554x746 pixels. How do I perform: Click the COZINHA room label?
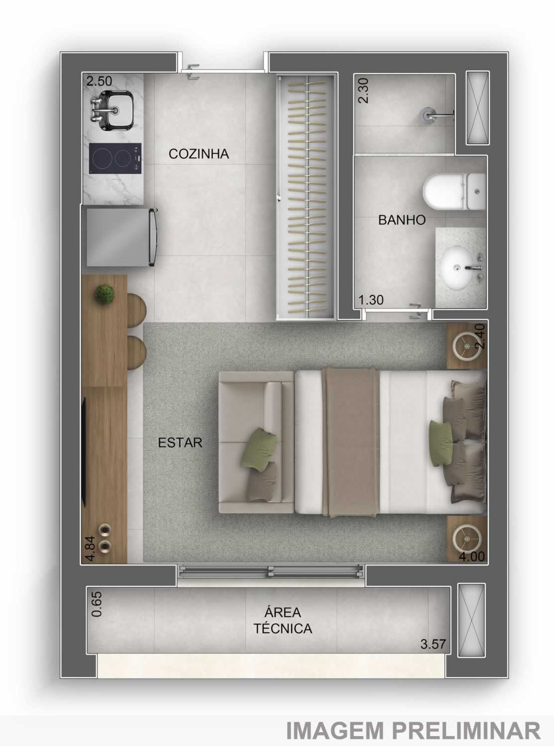coord(199,154)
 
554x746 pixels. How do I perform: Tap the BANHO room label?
coord(402,220)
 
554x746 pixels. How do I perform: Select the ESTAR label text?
coord(180,443)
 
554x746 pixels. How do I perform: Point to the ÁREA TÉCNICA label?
coord(283,620)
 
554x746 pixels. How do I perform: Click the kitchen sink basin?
coord(116,109)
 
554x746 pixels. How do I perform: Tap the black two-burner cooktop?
coord(115,158)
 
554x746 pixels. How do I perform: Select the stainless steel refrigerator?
coord(121,237)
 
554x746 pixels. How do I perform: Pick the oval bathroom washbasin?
coord(459,268)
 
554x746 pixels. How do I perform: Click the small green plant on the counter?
coord(105,293)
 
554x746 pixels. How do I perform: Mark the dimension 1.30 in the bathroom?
coord(371,300)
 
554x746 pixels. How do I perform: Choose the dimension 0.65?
coord(97,604)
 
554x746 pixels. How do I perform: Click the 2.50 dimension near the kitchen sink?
coord(99,81)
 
